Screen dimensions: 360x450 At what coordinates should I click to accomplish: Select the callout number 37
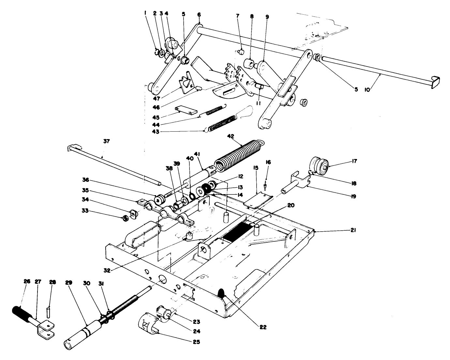click(x=106, y=141)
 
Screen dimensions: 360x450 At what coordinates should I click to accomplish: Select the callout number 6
click(x=199, y=15)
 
